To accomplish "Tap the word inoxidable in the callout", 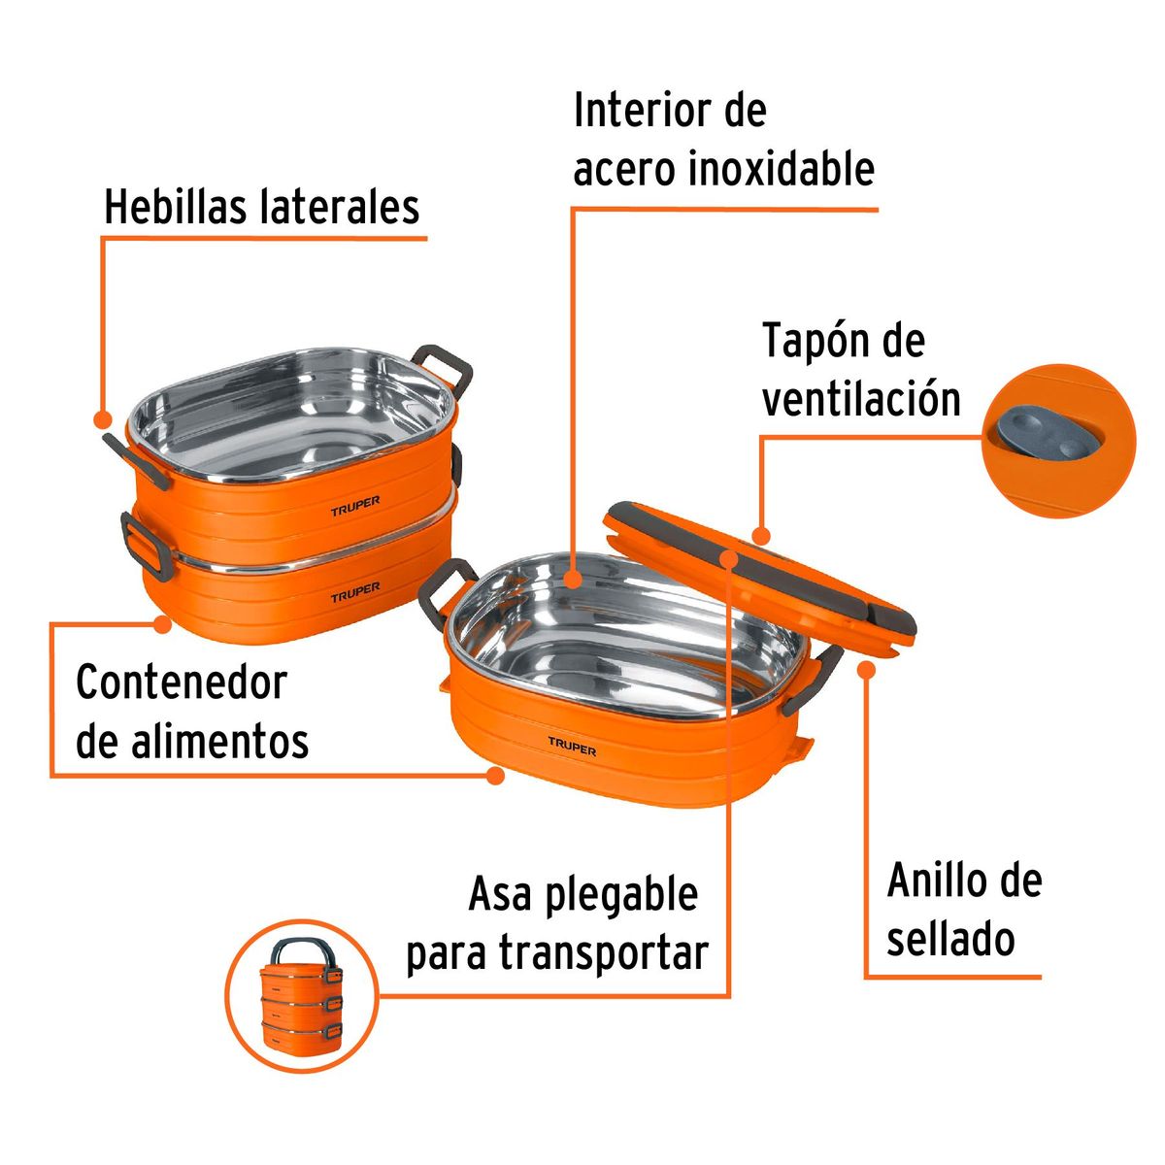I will (x=782, y=169).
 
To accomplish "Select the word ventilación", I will (x=861, y=399).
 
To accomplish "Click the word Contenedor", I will (x=182, y=682).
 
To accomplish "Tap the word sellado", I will (x=950, y=940).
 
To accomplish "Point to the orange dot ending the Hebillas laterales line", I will (x=101, y=419).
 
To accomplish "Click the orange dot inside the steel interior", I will (x=573, y=581).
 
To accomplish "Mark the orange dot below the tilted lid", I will (x=867, y=668).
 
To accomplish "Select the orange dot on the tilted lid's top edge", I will (x=761, y=535).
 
